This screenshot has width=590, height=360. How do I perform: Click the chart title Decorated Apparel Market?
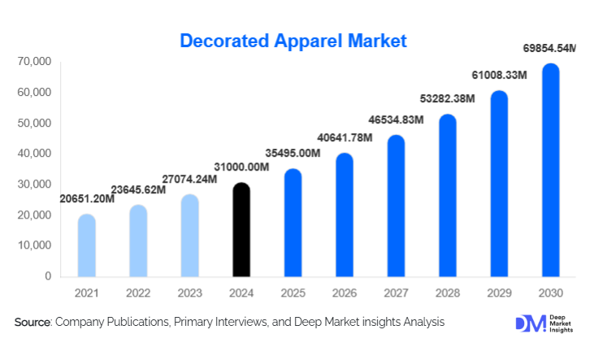coord(293,40)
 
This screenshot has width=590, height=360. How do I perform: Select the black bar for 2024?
coord(241,231)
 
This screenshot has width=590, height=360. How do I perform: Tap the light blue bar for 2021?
coord(86,245)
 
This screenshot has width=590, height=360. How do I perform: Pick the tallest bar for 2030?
coord(551,171)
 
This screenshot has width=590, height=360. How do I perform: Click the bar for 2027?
coord(396,206)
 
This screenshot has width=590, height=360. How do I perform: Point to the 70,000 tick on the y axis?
coord(33,62)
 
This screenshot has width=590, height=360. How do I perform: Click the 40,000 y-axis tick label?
coord(33,154)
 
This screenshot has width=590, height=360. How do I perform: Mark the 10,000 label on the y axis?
coord(33,245)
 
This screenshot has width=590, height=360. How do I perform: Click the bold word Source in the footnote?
coord(33,323)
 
